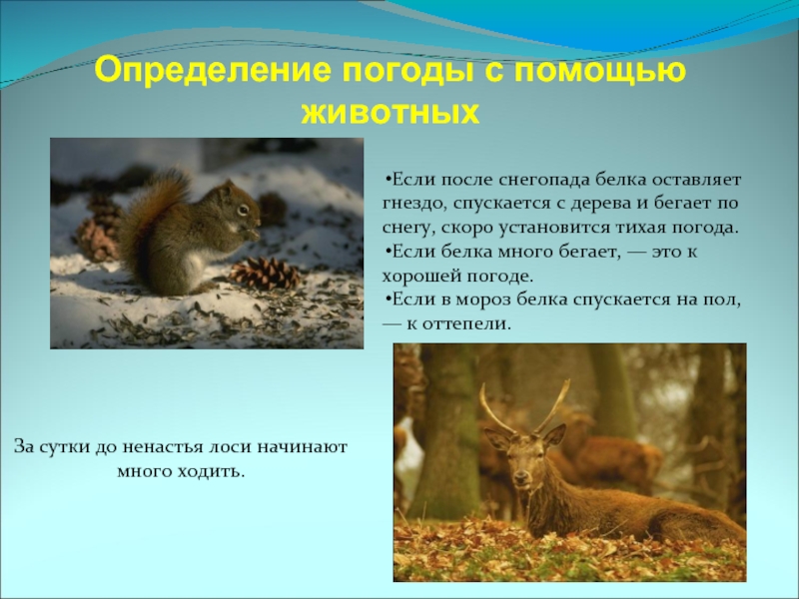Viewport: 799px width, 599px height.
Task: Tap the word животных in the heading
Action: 390,111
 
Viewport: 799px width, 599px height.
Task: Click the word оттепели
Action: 461,323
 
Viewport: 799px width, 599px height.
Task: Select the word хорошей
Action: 421,276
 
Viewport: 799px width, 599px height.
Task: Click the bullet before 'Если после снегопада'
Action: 386,180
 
